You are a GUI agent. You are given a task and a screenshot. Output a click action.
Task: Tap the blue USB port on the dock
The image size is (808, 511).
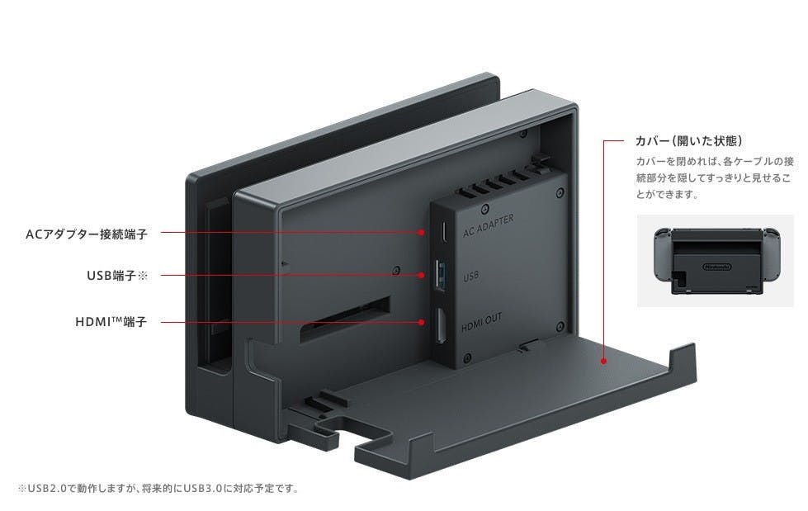click(x=439, y=275)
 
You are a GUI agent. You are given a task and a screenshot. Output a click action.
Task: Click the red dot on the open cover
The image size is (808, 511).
click(x=605, y=360)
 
